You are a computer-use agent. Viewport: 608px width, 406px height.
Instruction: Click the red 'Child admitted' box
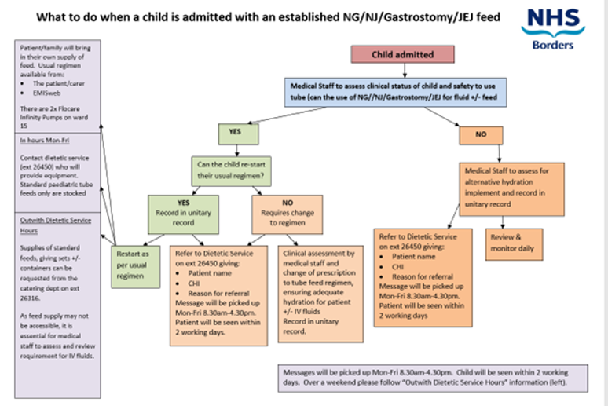(x=402, y=54)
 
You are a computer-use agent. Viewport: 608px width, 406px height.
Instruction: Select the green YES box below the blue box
(x=235, y=133)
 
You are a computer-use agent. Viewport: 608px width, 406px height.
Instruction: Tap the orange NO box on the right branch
(x=481, y=135)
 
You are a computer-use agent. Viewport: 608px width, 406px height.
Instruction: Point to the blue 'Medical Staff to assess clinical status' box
(x=402, y=92)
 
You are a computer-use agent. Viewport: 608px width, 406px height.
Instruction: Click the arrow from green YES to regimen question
(x=235, y=150)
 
